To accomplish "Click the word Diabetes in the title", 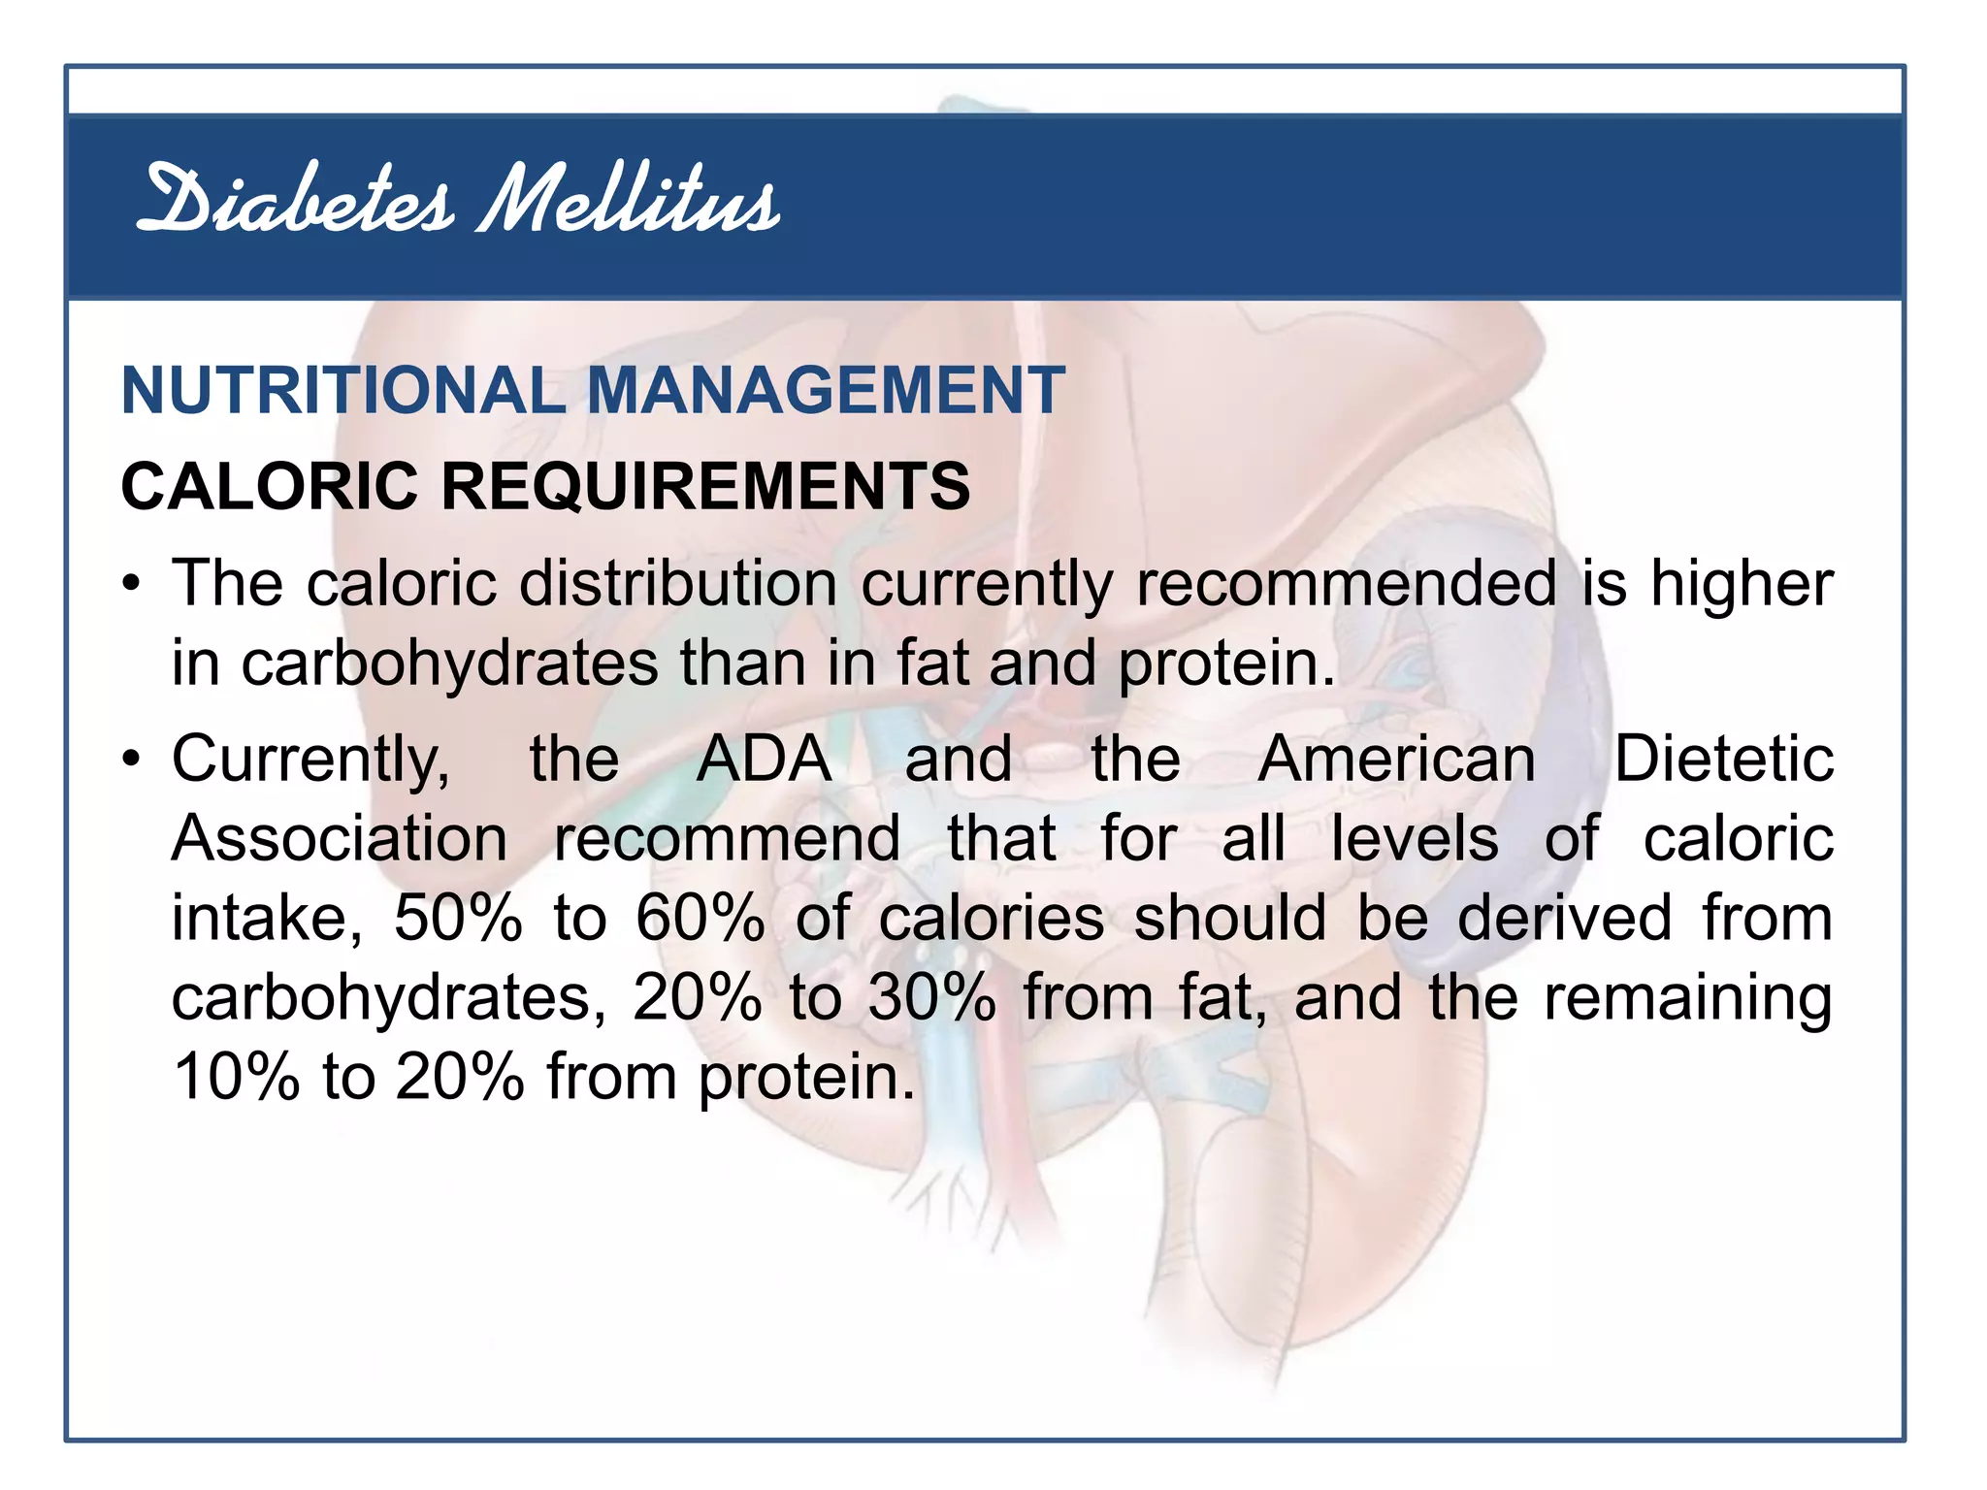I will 295,202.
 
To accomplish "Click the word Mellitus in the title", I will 629,202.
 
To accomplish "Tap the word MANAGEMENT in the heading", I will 826,391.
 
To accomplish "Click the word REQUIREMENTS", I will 705,486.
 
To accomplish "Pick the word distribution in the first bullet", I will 678,584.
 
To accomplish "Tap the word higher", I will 1742,584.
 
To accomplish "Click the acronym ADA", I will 765,759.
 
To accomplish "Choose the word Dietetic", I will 1723,759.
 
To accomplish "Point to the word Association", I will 340,838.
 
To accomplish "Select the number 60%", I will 700,918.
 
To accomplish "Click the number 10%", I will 236,1077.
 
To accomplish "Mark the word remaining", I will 1688,999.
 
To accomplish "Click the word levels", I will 1415,838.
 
